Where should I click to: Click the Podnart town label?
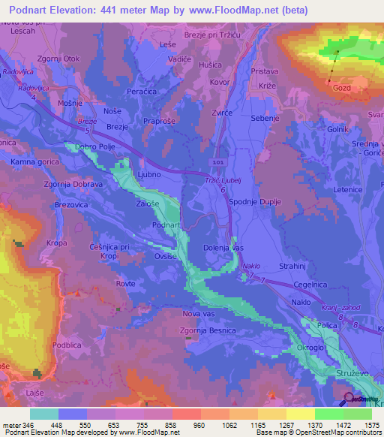pyautogui.click(x=165, y=225)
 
